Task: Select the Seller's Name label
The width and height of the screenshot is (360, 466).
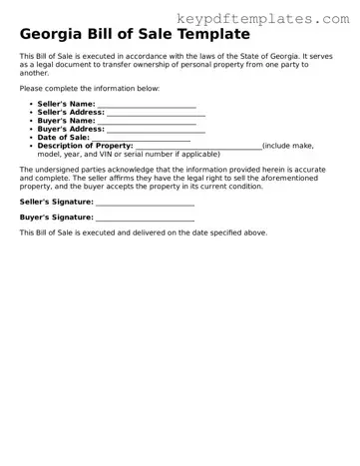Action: pyautogui.click(x=66, y=104)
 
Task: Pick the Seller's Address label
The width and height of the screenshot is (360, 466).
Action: pyautogui.click(x=71, y=113)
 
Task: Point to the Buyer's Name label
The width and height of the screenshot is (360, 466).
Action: pyautogui.click(x=66, y=121)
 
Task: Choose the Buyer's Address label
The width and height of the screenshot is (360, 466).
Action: pyautogui.click(x=70, y=130)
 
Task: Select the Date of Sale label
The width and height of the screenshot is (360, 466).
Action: pyautogui.click(x=63, y=138)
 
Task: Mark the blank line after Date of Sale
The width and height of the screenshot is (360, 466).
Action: pyautogui.click(x=141, y=140)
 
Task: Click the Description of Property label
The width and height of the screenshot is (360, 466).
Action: pyautogui.click(x=85, y=146)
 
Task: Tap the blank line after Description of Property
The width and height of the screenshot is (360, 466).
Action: pyautogui.click(x=197, y=148)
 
